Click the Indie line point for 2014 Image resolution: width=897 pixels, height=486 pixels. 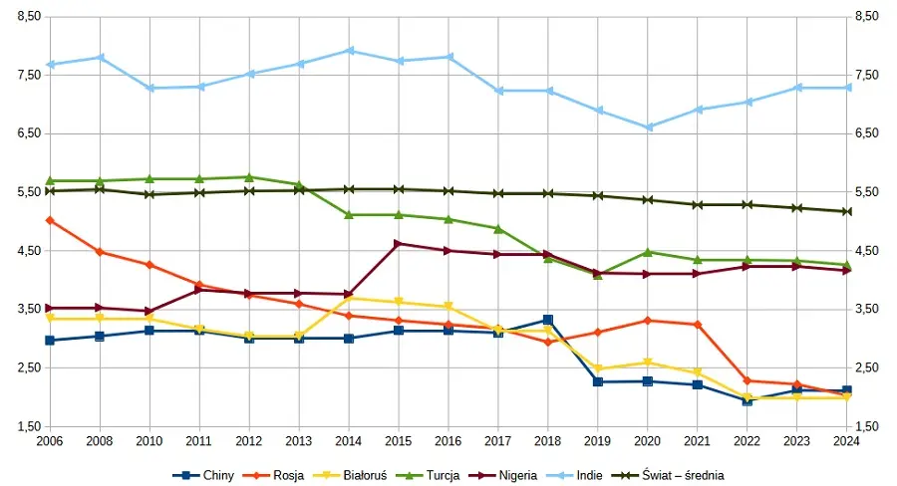349,50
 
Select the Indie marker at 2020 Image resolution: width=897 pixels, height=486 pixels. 648,127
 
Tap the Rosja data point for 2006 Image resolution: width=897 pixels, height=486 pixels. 50,220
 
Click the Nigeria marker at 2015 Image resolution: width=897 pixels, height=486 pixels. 399,243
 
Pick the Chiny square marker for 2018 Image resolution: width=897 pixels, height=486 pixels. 548,320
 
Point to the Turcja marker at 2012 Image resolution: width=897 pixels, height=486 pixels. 249,177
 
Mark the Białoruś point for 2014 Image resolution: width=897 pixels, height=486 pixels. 349,298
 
